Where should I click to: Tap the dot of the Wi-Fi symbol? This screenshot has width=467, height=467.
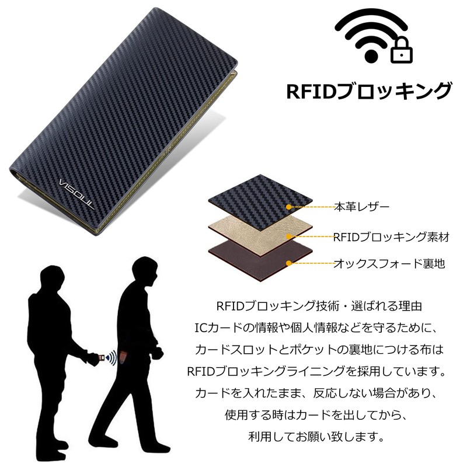tap(371, 56)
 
